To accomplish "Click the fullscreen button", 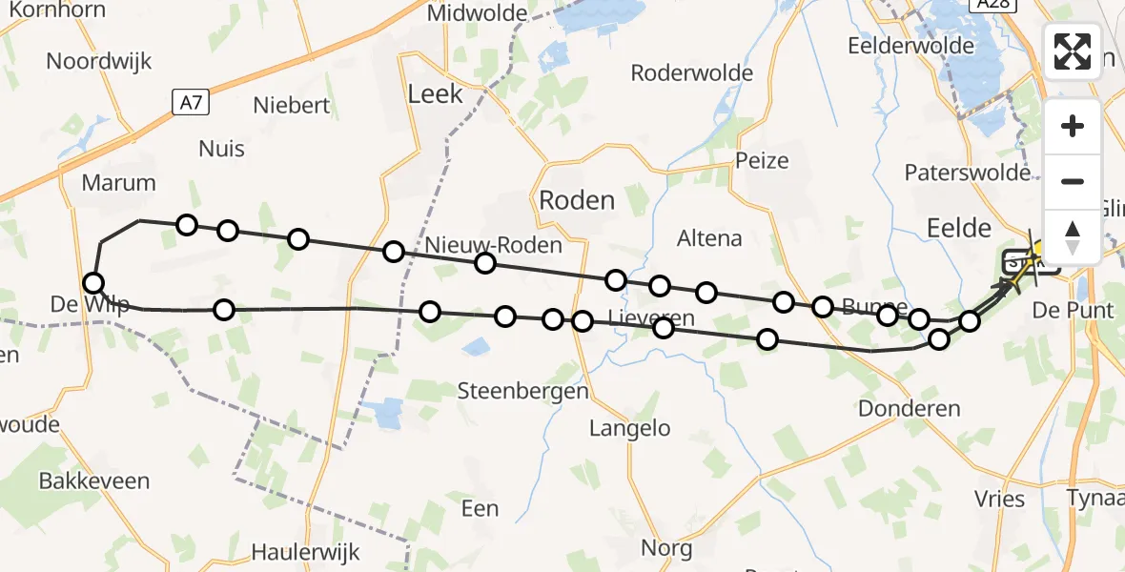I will click(x=1073, y=51).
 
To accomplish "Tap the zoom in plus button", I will click(x=1073, y=127).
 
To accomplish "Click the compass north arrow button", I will click(x=1073, y=236).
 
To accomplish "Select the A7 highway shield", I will click(x=192, y=102).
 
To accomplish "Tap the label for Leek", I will click(x=435, y=93).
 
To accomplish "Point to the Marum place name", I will click(x=118, y=183).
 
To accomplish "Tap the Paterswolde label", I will click(x=968, y=173).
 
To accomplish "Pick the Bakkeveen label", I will click(x=94, y=480).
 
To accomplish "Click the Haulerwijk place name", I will click(x=302, y=551).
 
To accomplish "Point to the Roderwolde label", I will click(x=692, y=73).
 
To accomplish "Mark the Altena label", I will click(x=708, y=237).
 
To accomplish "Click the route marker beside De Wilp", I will click(x=93, y=282).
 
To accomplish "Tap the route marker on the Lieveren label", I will click(x=664, y=328).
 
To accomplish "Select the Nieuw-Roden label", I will click(x=493, y=244).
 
